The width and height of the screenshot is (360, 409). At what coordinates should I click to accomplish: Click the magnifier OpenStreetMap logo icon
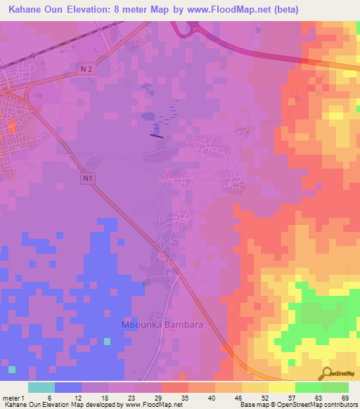pos(328,373)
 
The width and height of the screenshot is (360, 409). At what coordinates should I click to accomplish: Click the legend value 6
pos(49,397)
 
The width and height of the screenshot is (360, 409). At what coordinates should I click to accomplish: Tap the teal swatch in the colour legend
pos(41,387)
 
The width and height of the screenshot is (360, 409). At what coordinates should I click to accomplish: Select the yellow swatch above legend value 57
pos(281,387)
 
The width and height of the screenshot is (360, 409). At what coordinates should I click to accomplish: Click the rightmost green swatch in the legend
pos(335,387)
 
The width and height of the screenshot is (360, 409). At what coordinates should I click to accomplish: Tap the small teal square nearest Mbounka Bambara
pos(107,342)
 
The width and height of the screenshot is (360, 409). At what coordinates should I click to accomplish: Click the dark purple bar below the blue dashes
pos(157,136)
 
